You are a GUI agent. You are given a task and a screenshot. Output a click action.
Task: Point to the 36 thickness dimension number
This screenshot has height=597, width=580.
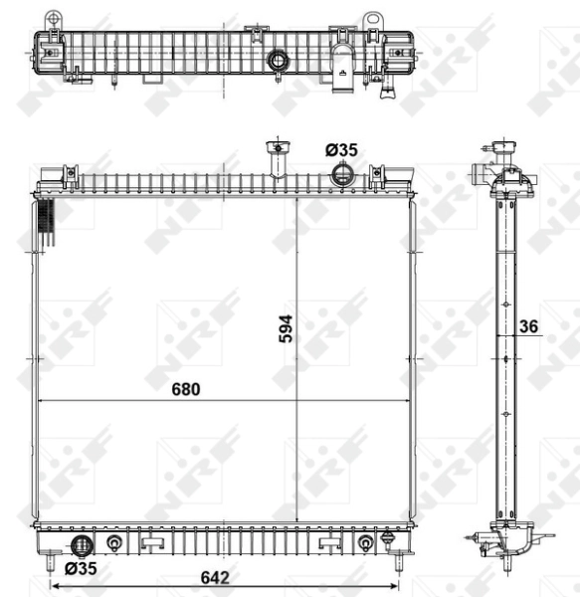click(528, 325)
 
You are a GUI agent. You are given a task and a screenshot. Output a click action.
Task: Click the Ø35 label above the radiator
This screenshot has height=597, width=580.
click(341, 149)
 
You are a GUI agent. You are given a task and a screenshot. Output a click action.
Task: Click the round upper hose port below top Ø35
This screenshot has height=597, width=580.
click(342, 176)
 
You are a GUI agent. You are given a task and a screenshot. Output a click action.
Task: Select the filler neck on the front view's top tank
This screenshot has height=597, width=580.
click(271, 159)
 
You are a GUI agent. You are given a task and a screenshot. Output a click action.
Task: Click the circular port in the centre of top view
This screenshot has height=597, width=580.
click(278, 63)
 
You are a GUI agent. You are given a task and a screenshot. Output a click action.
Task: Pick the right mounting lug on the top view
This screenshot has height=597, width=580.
click(372, 20)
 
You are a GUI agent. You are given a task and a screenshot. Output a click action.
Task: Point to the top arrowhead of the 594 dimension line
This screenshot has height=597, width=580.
click(297, 199)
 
